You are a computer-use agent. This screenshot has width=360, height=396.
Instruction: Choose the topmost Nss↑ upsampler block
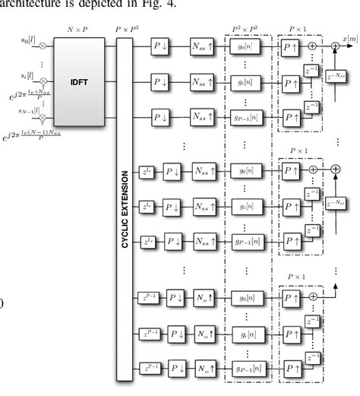tap(200, 47)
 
